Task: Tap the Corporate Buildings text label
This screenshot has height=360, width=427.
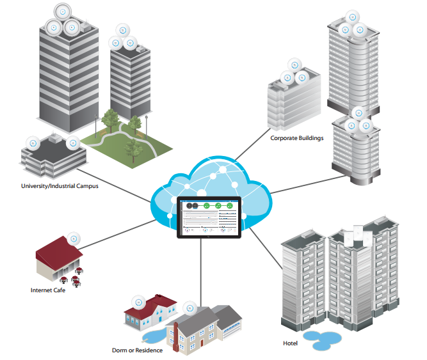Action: point(296,137)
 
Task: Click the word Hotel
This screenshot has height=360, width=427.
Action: point(290,343)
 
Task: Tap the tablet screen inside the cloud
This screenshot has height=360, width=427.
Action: point(208,217)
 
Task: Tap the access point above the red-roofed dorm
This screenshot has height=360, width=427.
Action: point(137,301)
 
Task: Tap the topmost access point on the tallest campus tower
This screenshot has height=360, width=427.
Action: point(62,12)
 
